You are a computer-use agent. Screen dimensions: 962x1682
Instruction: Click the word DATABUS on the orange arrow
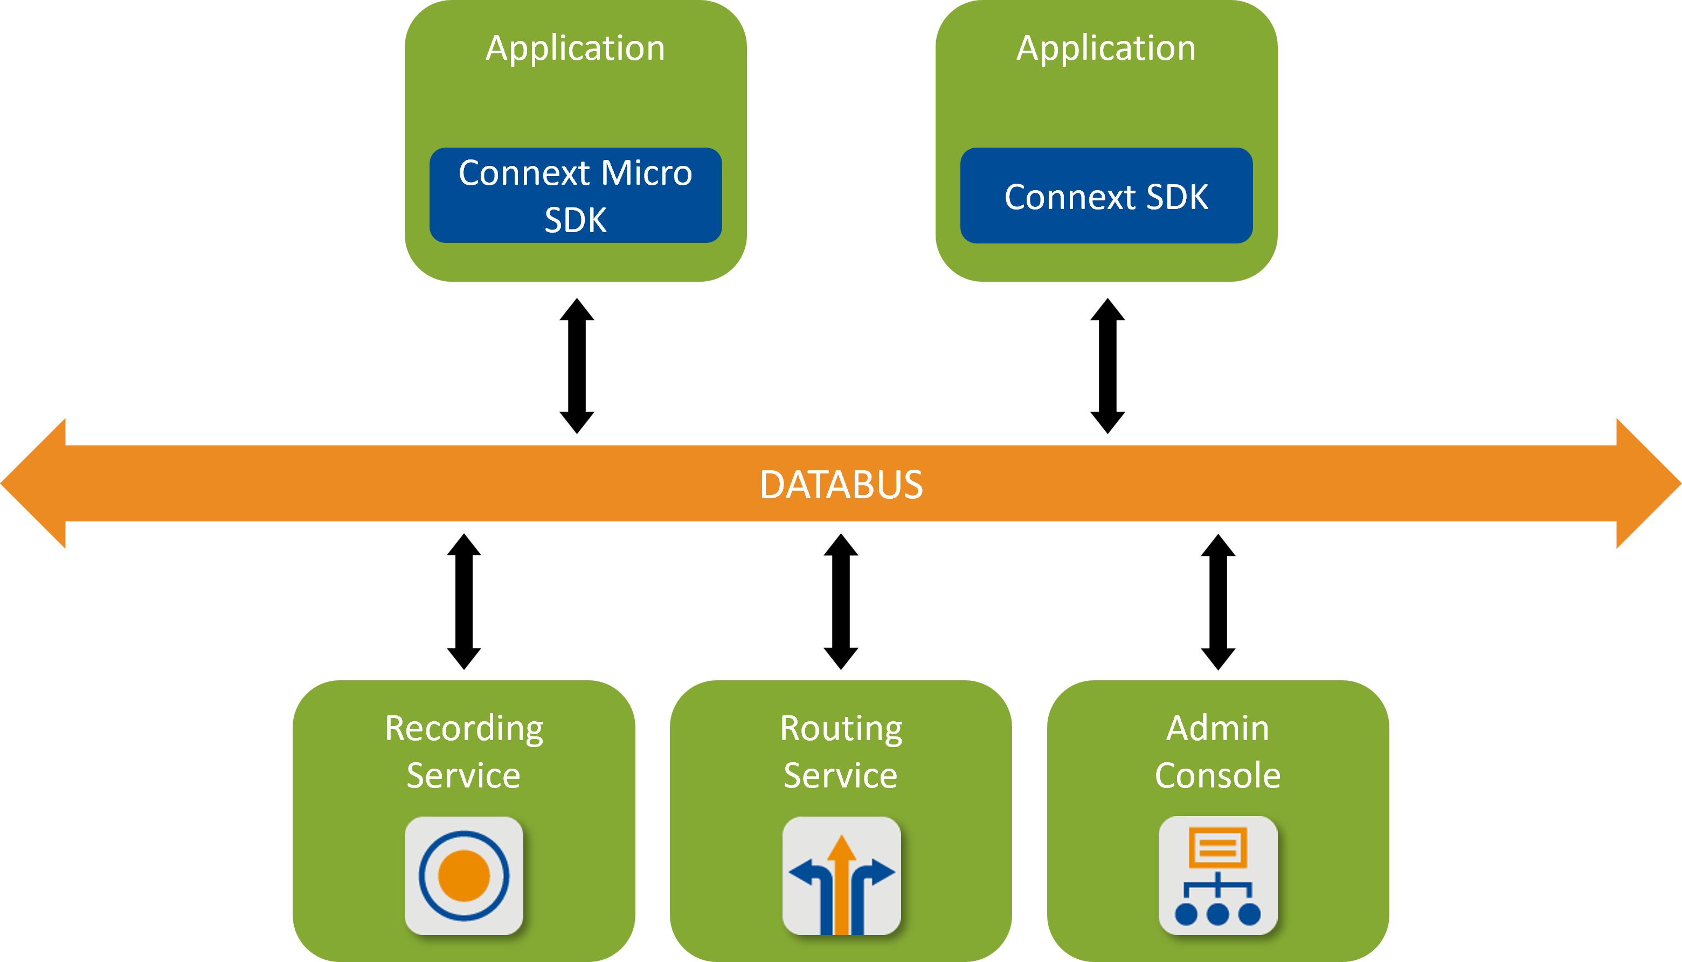coord(841,484)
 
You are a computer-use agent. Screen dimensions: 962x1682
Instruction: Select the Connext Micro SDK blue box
coord(575,196)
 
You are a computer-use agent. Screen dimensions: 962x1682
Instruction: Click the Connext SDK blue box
coord(1106,196)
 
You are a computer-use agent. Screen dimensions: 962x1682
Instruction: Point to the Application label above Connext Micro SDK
coord(575,48)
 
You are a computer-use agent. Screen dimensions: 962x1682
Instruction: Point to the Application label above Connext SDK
coord(1106,48)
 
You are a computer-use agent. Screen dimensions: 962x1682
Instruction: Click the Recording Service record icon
coord(464,875)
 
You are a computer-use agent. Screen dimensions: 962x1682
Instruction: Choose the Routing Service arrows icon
coord(841,875)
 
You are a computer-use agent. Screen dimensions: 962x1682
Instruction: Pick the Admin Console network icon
coord(1217,875)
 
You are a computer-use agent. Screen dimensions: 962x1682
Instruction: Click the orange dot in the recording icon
coord(464,875)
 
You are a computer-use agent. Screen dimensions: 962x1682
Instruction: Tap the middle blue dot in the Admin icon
coord(1217,915)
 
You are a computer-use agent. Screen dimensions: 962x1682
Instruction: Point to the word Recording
coord(464,729)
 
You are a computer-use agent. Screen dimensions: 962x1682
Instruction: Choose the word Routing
coord(841,729)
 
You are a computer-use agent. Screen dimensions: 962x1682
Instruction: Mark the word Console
coord(1217,776)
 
